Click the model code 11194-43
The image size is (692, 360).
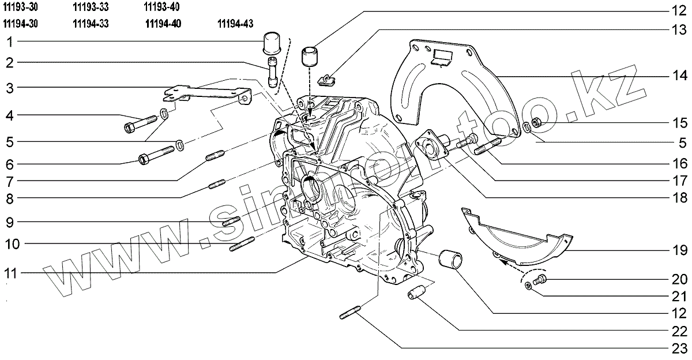tap(236, 24)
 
